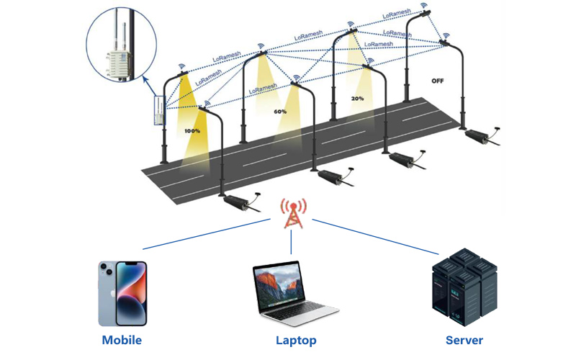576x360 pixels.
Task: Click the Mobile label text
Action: click(122, 340)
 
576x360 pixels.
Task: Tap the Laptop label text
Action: click(296, 340)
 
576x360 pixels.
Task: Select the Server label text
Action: click(464, 340)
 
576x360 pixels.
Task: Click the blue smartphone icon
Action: click(122, 294)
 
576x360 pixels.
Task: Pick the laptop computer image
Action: click(294, 294)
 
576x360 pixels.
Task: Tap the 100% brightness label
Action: click(192, 131)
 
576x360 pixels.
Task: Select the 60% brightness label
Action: click(280, 112)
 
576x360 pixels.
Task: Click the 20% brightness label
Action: click(357, 99)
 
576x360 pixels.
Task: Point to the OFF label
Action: click(437, 81)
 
